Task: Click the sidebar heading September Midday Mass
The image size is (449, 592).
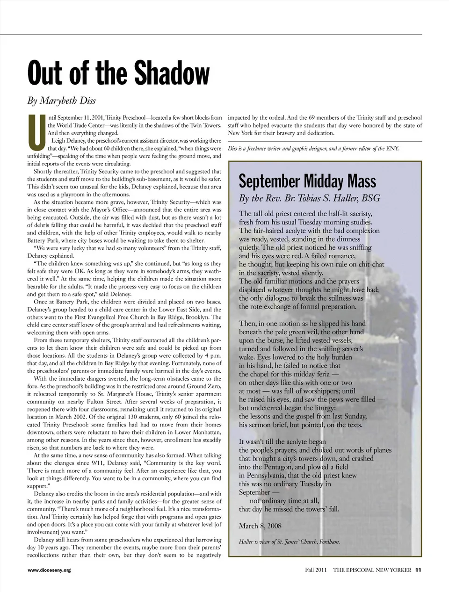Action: click(307, 181)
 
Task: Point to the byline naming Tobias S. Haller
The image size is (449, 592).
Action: click(310, 198)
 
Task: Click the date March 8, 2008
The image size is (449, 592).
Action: click(260, 526)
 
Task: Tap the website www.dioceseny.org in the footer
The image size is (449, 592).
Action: click(49, 570)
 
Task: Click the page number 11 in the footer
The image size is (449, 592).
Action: click(419, 570)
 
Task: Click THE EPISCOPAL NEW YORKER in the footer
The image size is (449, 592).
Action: click(372, 570)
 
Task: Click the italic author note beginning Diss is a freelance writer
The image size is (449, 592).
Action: click(313, 148)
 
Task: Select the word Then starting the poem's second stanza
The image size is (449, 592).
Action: click(248, 324)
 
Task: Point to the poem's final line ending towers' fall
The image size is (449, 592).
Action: click(289, 509)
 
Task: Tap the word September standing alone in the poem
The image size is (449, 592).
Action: click(254, 492)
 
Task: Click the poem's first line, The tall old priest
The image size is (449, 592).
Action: click(305, 214)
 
